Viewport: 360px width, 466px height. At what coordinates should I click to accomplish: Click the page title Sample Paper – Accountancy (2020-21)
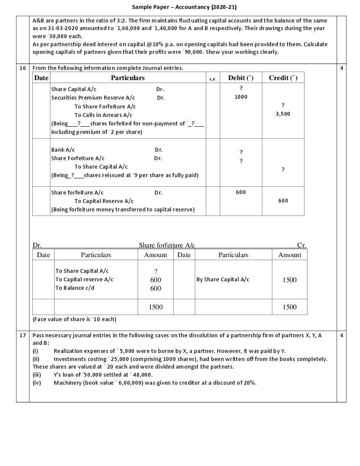[x=184, y=7]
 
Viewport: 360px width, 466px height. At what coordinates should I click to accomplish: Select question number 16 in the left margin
[x=22, y=68]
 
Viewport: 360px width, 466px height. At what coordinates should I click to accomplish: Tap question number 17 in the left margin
[x=22, y=335]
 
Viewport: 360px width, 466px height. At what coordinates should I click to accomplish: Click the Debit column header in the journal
[x=241, y=78]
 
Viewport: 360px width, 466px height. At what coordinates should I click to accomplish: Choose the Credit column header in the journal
[x=283, y=78]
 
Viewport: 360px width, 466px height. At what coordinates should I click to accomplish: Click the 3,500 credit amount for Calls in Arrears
[x=283, y=114]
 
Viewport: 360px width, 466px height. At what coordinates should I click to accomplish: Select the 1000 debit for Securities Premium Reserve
[x=241, y=97]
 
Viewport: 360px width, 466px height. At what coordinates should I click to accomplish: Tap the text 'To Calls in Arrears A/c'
[x=103, y=115]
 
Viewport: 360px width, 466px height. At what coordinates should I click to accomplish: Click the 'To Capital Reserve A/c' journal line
[x=104, y=201]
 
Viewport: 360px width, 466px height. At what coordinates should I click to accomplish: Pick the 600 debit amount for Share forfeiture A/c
[x=241, y=192]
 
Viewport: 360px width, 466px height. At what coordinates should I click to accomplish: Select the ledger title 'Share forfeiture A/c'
[x=167, y=245]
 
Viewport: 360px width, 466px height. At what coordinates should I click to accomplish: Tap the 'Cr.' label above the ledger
[x=301, y=245]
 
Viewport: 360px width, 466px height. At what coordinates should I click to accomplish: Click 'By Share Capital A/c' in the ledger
[x=223, y=280]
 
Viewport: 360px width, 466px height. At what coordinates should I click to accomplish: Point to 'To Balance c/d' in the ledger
[x=75, y=288]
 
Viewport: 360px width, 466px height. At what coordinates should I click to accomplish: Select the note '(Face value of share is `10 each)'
[x=74, y=319]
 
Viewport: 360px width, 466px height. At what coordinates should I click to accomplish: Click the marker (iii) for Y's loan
[x=37, y=374]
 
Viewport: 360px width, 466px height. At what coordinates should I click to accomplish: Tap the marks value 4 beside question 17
[x=341, y=335]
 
